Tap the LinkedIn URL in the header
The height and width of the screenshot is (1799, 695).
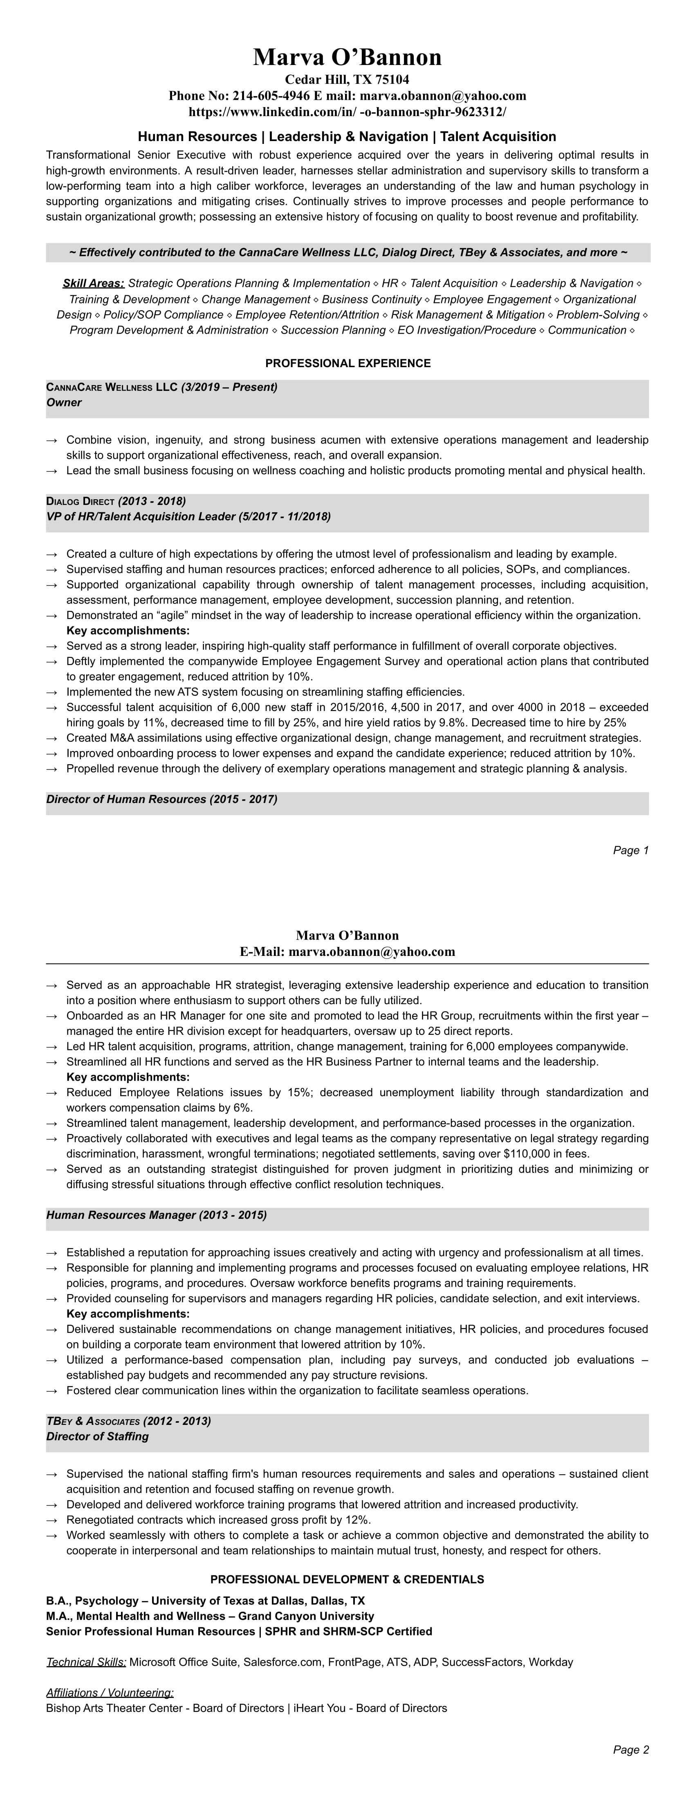[347, 112]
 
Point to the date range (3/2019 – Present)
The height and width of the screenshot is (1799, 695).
[229, 387]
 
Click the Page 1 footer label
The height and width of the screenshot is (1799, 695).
[631, 850]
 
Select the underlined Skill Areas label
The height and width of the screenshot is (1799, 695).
[94, 283]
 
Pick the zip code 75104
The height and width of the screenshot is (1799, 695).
[393, 80]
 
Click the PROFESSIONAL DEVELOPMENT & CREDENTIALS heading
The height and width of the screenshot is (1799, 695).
[347, 1579]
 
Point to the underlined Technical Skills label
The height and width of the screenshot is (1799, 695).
[86, 1662]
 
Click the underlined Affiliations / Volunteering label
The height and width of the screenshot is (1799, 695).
[110, 1692]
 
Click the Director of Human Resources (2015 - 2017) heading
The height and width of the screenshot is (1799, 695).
[162, 799]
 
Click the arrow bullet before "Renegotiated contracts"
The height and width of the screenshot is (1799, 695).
[52, 1520]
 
